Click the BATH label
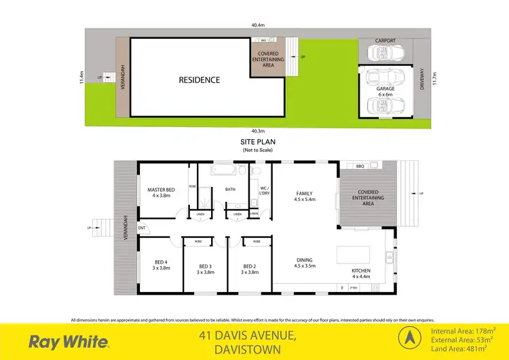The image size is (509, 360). [231, 190]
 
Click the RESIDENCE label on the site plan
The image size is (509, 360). [200, 80]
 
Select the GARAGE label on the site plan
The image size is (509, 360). [385, 88]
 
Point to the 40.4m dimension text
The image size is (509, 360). [257, 26]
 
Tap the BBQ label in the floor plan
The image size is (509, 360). [360, 166]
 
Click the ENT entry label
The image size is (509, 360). [142, 228]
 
